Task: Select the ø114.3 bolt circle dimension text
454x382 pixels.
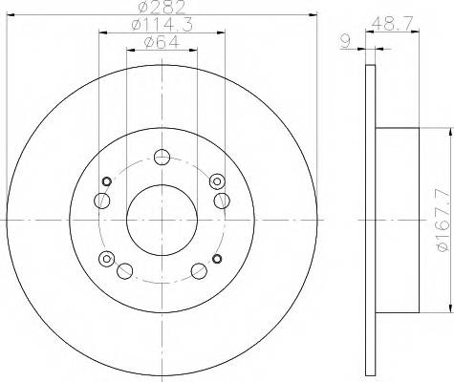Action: pyautogui.click(x=159, y=26)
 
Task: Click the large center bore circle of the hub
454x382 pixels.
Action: pyautogui.click(x=160, y=219)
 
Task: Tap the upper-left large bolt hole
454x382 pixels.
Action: pyautogui.click(x=101, y=199)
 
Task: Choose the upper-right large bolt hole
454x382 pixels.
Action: pyautogui.click(x=221, y=199)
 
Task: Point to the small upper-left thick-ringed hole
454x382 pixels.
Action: pyautogui.click(x=107, y=181)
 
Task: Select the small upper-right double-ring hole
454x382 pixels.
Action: pyautogui.click(x=216, y=180)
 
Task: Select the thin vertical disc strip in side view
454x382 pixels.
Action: pyautogui.click(x=371, y=221)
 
